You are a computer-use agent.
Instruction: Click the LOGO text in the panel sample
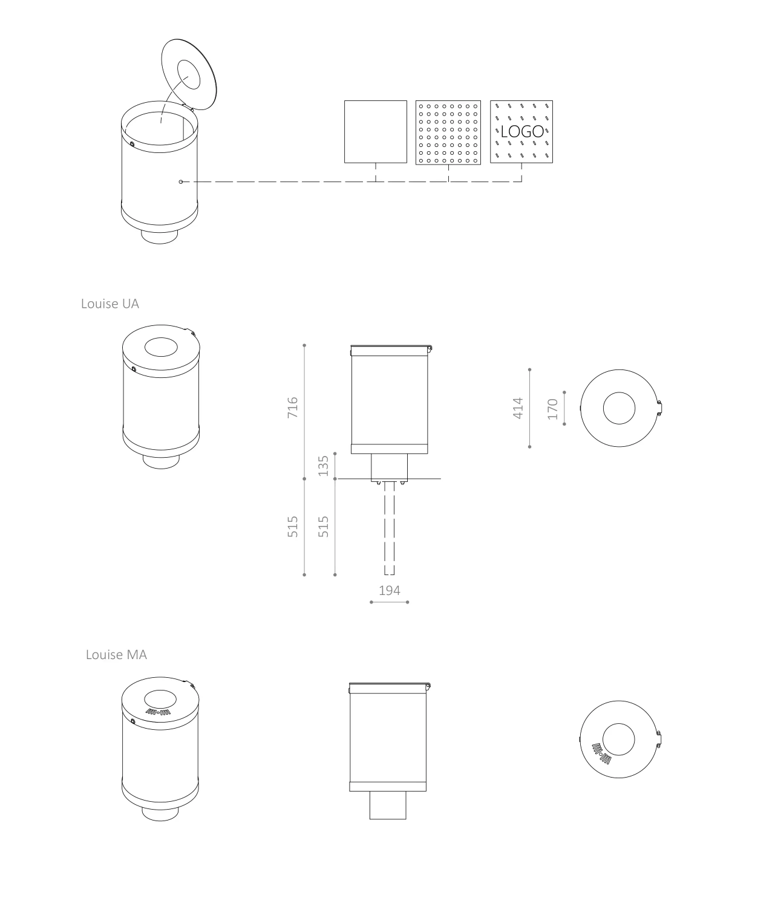522,131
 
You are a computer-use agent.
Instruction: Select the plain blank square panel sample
375,132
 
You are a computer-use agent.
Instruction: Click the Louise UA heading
110,304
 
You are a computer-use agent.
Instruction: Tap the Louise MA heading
116,654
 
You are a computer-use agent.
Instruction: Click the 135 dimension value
323,465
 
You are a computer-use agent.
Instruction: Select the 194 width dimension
390,590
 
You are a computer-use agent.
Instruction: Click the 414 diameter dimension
518,408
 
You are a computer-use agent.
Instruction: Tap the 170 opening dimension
552,409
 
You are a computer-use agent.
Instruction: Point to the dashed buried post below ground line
389,532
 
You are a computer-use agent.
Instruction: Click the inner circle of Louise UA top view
619,408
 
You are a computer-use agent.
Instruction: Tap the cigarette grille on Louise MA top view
602,753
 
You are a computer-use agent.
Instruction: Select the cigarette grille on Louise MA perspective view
159,712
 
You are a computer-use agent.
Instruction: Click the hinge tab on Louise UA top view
660,408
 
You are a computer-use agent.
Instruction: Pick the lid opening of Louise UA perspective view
161,348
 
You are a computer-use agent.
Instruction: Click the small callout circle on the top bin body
180,181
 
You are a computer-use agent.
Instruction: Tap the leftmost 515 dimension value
293,526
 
